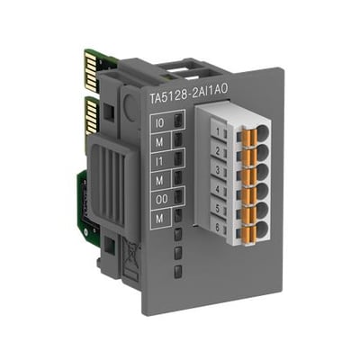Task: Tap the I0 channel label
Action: pyautogui.click(x=159, y=122)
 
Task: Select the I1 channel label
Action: pyautogui.click(x=159, y=161)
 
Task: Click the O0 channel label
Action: pyautogui.click(x=161, y=200)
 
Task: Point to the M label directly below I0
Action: pyautogui.click(x=159, y=142)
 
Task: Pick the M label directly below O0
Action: pyautogui.click(x=159, y=219)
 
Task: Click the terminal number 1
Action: pyautogui.click(x=218, y=131)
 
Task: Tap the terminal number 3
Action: pyautogui.click(x=218, y=171)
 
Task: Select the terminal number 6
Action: pyautogui.click(x=218, y=228)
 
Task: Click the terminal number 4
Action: pyautogui.click(x=218, y=190)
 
